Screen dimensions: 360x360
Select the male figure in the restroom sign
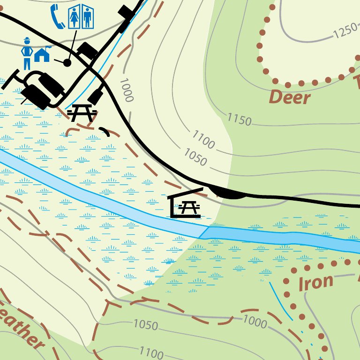point(87,17)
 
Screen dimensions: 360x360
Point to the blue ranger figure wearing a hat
point(27,52)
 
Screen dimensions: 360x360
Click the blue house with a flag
point(42,54)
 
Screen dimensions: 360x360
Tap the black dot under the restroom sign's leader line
point(67,62)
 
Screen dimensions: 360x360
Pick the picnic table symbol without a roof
point(82,113)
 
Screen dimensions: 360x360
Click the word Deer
point(290,98)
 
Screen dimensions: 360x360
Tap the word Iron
point(315,282)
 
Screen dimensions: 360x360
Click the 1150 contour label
point(240,119)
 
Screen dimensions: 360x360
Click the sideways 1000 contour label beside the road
point(126,90)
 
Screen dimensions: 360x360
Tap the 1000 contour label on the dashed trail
point(255,322)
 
